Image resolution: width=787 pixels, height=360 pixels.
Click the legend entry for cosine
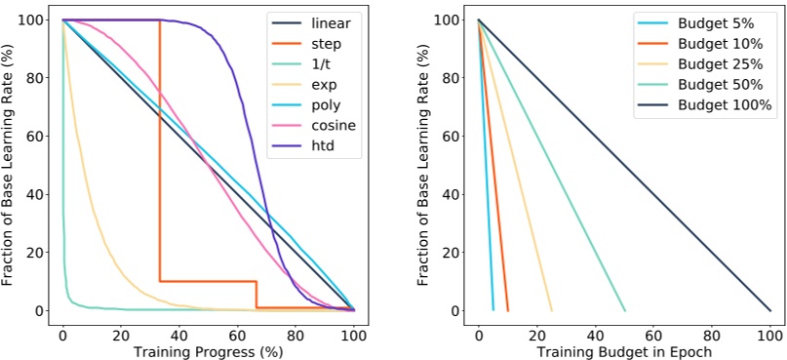318,126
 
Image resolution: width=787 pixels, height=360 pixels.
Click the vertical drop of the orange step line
160,146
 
